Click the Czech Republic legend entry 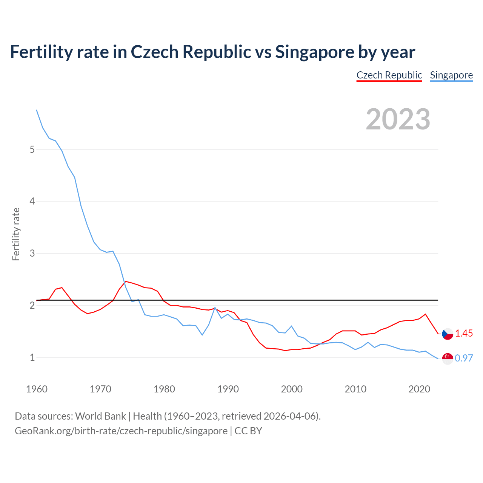pos(389,75)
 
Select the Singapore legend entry pos(451,75)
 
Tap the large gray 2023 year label pos(398,119)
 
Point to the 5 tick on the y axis pos(32,149)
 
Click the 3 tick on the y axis pos(32,253)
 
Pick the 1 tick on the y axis pos(32,357)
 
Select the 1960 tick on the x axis pos(37,389)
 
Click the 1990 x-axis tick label pos(228,389)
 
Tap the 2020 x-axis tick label pos(419,389)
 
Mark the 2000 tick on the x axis pos(292,389)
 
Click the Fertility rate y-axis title pos(16,234)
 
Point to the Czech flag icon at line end pos(448,334)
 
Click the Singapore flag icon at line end pos(448,358)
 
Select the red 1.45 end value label pos(464,334)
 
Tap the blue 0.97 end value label pos(464,358)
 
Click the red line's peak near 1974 pos(126,281)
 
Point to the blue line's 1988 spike pos(215,308)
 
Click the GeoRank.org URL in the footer pos(121,431)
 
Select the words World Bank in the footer pos(100,416)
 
